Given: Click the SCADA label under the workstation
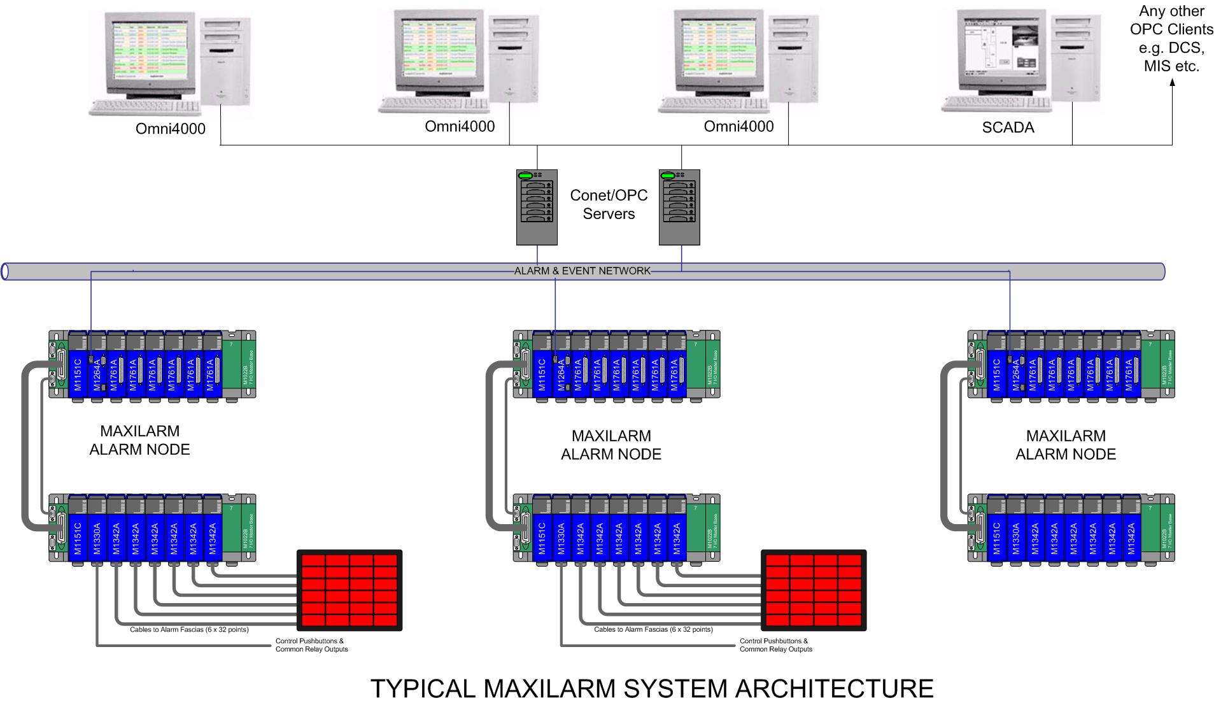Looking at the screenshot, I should tap(1008, 127).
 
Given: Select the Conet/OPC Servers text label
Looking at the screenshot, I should tap(609, 204).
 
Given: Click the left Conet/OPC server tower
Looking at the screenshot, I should tap(537, 207).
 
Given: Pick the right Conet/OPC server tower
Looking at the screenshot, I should tap(679, 207).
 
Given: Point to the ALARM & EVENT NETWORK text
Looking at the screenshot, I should tap(582, 271).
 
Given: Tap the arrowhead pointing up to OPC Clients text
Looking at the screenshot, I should tap(1172, 84).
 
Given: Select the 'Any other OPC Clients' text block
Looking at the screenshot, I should tap(1171, 39).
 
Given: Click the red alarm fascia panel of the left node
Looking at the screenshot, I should tap(349, 590).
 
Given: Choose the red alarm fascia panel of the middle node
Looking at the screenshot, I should tap(814, 590).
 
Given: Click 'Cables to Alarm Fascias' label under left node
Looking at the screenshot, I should tap(189, 630).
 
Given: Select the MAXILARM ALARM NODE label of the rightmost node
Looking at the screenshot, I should tap(1066, 445).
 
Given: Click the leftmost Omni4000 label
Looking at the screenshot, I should tap(171, 129).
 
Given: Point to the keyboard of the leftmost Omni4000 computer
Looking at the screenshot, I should tap(136, 107).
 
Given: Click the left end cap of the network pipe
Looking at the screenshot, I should tap(5, 272).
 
